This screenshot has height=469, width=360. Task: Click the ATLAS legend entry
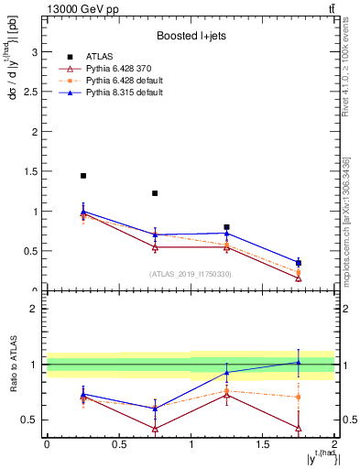click(x=101, y=57)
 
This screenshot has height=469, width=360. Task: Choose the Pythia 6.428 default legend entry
click(x=121, y=81)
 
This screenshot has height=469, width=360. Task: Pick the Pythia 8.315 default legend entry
click(x=121, y=93)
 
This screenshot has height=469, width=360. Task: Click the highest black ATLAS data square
click(x=83, y=176)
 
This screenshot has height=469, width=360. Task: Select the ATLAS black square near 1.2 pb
click(x=155, y=193)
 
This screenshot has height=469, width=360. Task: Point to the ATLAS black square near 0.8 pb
click(x=227, y=227)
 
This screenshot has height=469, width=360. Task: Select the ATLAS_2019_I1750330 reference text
click(x=191, y=274)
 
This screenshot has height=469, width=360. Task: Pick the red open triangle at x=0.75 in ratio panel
click(x=155, y=429)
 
